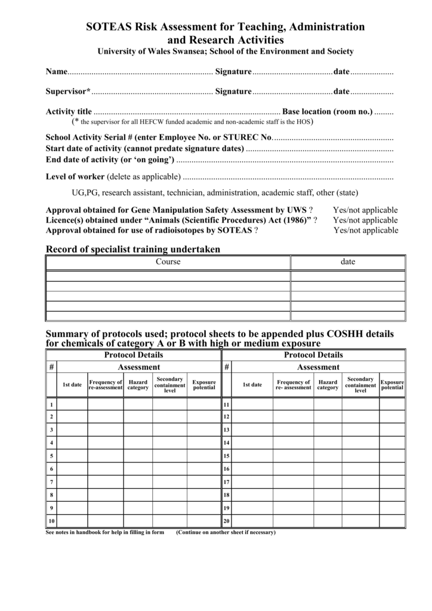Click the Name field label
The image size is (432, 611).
coord(57,72)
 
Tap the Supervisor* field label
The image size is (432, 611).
coord(68,91)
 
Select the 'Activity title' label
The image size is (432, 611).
coord(69,112)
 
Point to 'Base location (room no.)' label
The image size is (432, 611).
coord(327,112)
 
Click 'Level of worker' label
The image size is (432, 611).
coord(75,177)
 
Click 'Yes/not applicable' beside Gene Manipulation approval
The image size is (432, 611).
coord(365,210)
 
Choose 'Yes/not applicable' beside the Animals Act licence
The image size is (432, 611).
coord(365,220)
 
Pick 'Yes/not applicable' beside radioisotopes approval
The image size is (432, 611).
coord(365,230)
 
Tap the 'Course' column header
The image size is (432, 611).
coord(168,262)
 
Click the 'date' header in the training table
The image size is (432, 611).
coord(347,262)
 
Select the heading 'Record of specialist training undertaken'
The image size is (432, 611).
coord(133,249)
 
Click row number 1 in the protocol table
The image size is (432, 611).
coord(51,404)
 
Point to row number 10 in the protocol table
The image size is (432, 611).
coord(51,521)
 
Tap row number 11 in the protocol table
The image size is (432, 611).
coord(227,404)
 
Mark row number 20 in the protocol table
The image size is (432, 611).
coord(227,521)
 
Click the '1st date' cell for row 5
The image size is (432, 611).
coord(72,456)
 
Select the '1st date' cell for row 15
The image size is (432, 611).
coord(252,456)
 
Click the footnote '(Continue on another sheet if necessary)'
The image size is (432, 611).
coord(226,532)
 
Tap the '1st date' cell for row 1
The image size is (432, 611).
coord(72,404)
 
